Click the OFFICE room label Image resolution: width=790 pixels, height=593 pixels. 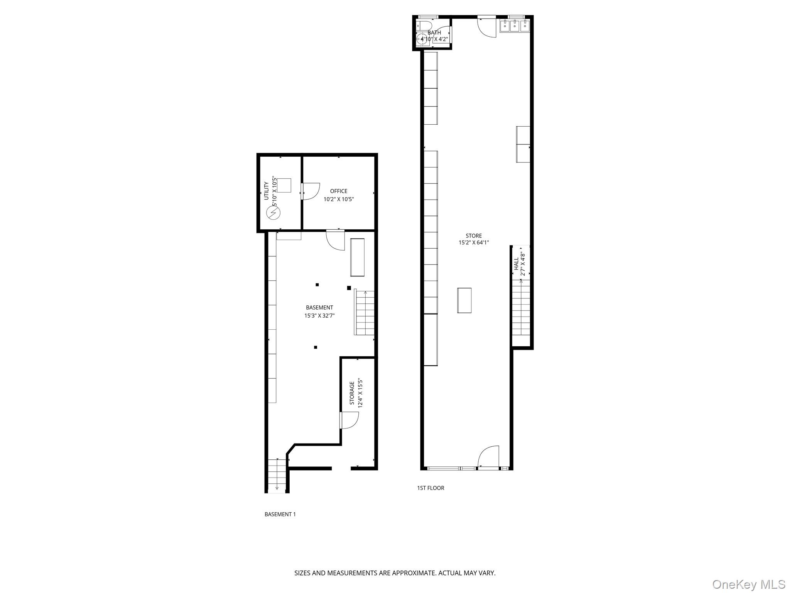(338, 191)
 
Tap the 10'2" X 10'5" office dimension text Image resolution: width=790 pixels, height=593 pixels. (338, 200)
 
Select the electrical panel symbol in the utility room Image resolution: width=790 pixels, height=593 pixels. (273, 213)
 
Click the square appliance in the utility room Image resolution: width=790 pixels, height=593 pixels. (284, 185)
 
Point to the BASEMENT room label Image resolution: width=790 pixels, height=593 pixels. (319, 308)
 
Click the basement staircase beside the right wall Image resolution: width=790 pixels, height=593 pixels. (365, 313)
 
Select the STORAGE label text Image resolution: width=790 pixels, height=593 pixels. (352, 393)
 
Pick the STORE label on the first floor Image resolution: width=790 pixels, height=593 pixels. (473, 236)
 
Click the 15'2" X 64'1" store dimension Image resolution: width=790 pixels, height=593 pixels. (473, 243)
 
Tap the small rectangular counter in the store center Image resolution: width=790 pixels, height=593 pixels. (464, 300)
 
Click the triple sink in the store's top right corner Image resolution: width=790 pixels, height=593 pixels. (515, 26)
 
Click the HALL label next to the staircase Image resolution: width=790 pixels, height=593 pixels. (516, 264)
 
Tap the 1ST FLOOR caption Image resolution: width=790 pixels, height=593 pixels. (430, 488)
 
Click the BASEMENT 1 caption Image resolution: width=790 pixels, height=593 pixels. (280, 514)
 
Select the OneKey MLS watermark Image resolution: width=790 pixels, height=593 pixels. (748, 584)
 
